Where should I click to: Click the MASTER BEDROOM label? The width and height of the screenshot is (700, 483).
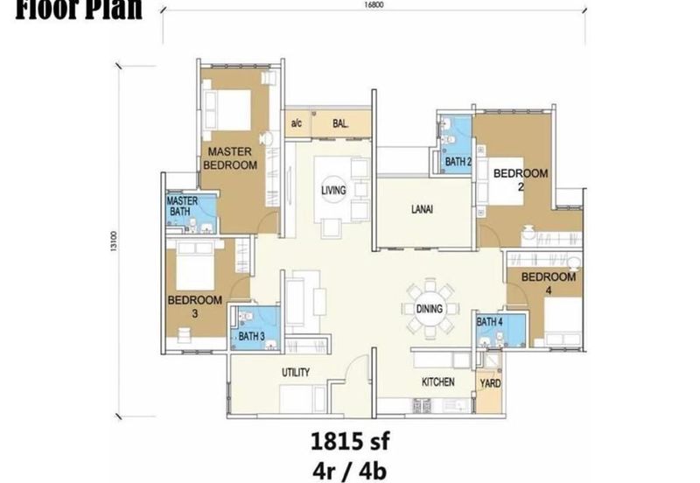(230, 157)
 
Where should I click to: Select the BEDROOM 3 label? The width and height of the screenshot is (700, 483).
(194, 306)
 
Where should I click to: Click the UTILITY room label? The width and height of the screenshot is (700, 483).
(295, 373)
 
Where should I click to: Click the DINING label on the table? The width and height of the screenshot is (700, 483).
(430, 309)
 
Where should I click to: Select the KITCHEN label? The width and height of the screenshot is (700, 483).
(437, 383)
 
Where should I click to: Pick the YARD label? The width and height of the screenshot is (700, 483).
(490, 383)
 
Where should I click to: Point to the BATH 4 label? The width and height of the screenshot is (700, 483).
(489, 322)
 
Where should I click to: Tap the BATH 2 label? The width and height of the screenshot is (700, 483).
(458, 162)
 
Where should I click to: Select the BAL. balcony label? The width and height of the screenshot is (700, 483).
(340, 124)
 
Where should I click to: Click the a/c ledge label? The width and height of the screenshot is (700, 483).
(296, 124)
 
